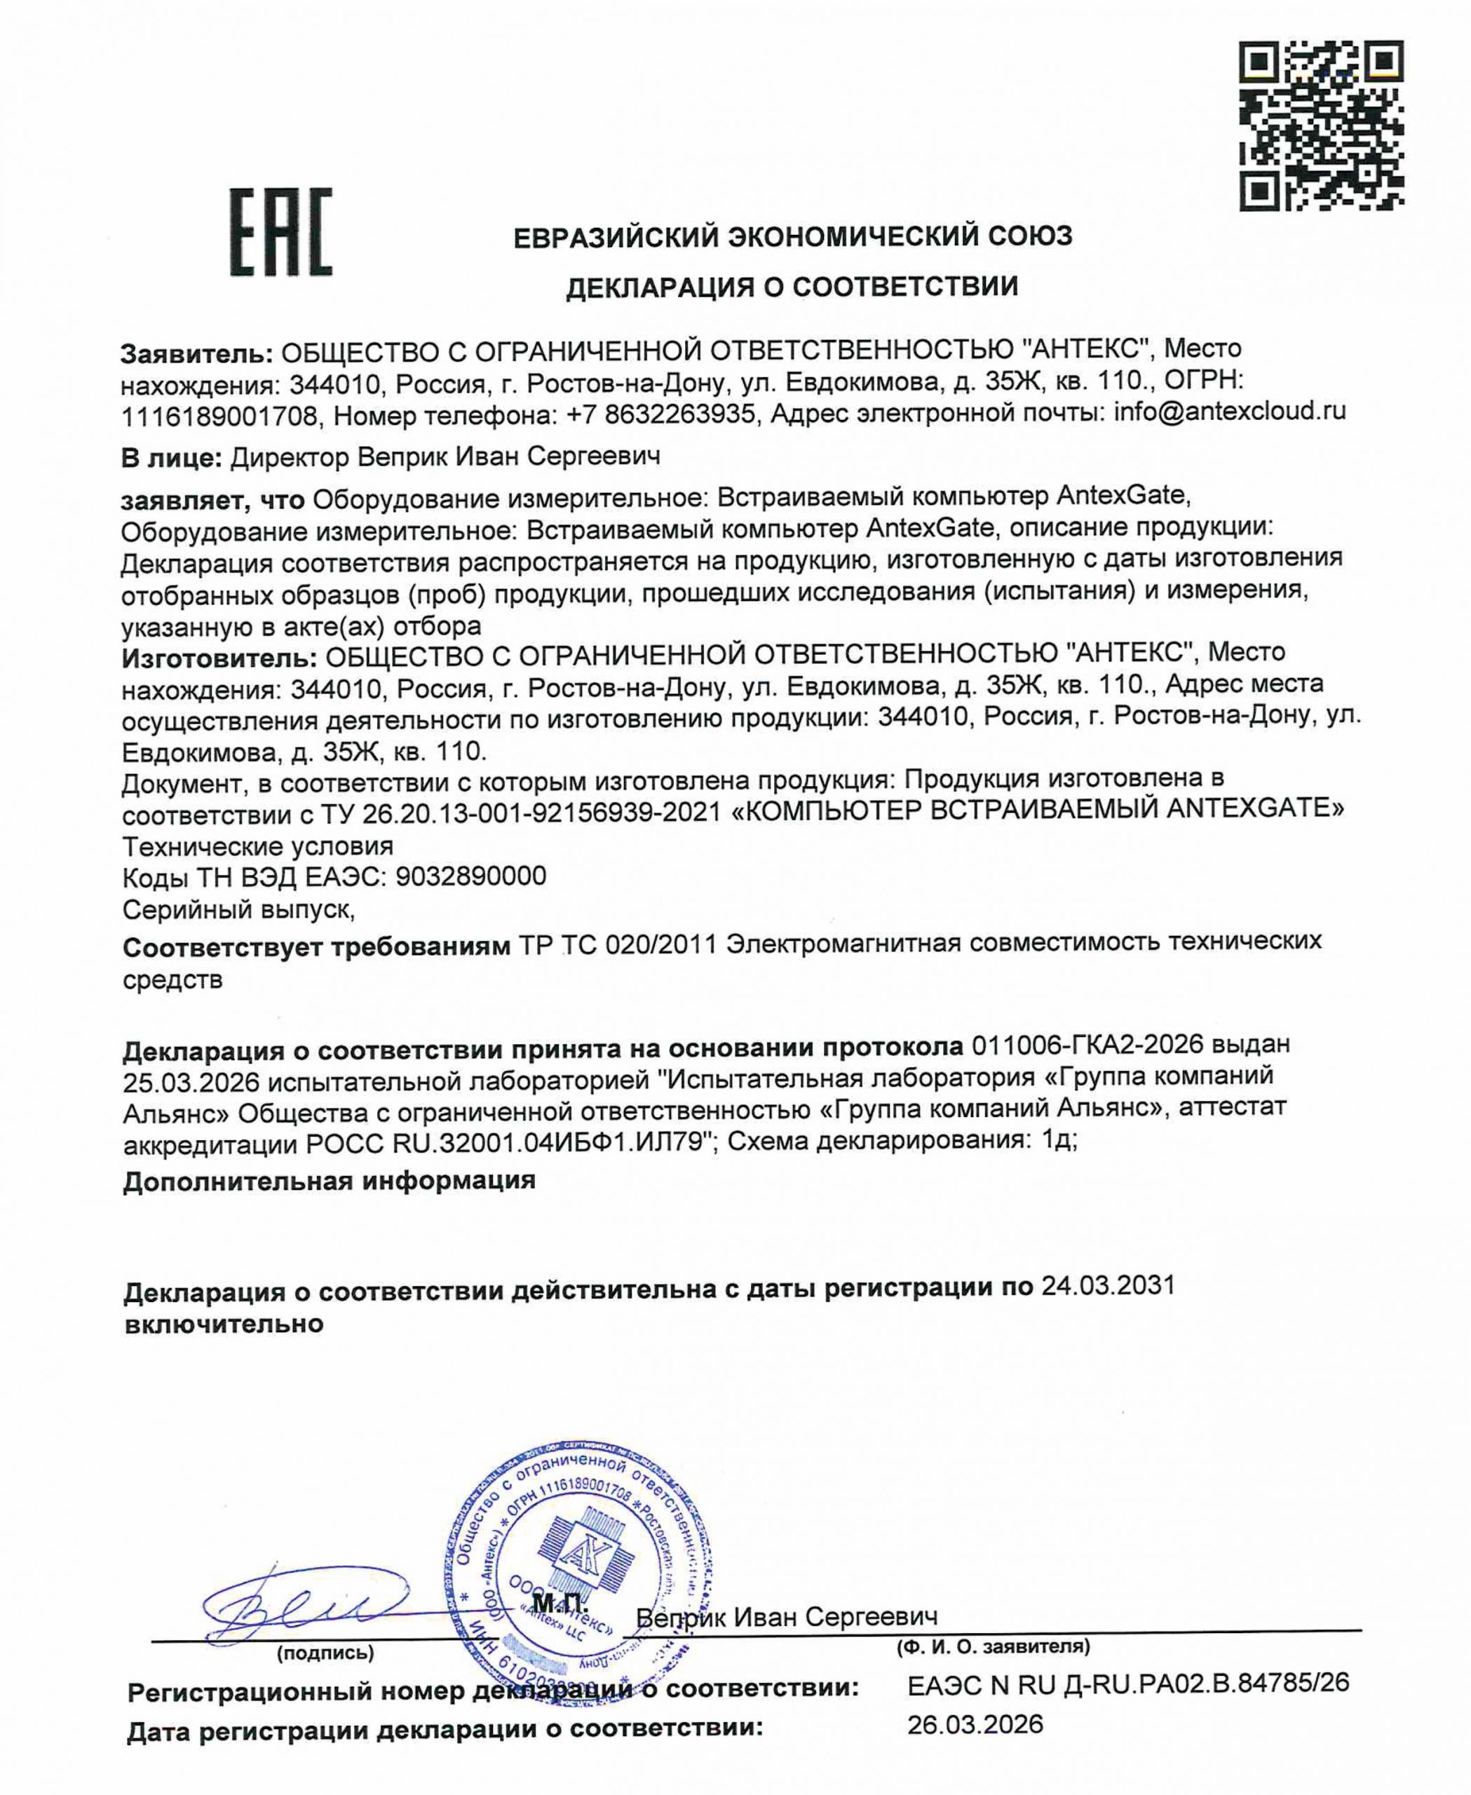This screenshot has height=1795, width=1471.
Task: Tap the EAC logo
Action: (280, 232)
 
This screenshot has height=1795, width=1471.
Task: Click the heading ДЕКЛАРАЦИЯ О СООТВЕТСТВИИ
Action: (792, 287)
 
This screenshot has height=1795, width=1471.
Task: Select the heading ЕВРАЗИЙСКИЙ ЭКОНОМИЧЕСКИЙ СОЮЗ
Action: (793, 236)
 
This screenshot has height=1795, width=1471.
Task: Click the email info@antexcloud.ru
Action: (1230, 413)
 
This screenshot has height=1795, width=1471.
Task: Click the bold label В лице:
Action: (172, 459)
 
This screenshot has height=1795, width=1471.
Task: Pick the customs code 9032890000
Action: (470, 876)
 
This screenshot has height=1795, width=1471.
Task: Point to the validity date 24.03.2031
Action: (1108, 1287)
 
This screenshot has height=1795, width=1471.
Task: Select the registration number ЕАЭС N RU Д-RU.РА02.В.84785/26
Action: (1128, 1682)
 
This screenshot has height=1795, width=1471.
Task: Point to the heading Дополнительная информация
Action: (329, 1181)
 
